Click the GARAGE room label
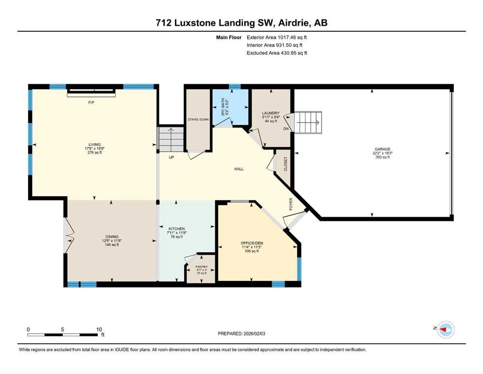pyautogui.click(x=382, y=149)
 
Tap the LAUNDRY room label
pyautogui.click(x=271, y=113)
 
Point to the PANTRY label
pyautogui.click(x=201, y=267)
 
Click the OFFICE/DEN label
pyautogui.click(x=251, y=243)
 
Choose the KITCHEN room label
pyautogui.click(x=177, y=229)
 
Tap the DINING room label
pyautogui.click(x=111, y=237)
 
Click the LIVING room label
pyautogui.click(x=94, y=145)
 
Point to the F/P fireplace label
pyautogui.click(x=91, y=103)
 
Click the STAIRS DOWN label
pyautogui.click(x=198, y=119)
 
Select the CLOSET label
pyautogui.click(x=286, y=164)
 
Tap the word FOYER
pyautogui.click(x=291, y=204)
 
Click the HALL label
pyautogui.click(x=239, y=169)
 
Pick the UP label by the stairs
pyautogui.click(x=171, y=157)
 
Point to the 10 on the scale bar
pyautogui.click(x=99, y=329)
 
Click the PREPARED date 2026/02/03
pyautogui.click(x=254, y=334)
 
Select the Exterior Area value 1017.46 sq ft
pyautogui.click(x=292, y=37)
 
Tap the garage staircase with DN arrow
pyautogui.click(x=308, y=122)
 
